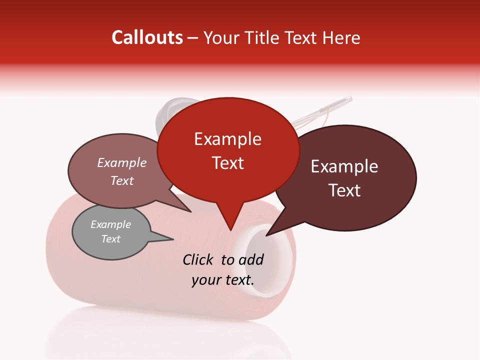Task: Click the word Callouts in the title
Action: (x=147, y=37)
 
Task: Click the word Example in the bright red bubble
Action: (x=227, y=139)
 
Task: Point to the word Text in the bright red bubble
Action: (x=227, y=163)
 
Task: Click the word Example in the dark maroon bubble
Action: (x=344, y=166)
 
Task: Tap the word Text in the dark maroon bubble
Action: (x=344, y=190)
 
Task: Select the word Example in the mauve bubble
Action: (x=121, y=163)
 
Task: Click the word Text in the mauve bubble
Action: (x=121, y=180)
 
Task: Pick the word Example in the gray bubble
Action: (x=110, y=224)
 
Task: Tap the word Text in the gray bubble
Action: (x=110, y=239)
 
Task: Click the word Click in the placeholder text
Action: (x=199, y=259)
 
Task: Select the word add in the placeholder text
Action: (x=250, y=259)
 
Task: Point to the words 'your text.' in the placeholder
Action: (x=223, y=280)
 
